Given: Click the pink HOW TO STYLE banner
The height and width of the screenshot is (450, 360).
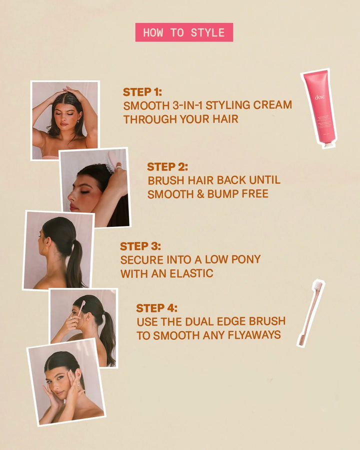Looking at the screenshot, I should (184, 32).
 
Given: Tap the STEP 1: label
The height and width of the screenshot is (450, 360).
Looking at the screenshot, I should (142, 92).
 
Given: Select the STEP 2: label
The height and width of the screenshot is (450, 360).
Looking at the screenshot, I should (167, 167).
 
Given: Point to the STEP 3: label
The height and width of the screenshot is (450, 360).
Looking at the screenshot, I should (140, 246).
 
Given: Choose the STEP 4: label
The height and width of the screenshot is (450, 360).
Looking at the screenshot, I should (156, 308).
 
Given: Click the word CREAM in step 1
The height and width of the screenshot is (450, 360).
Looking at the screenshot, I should (272, 105).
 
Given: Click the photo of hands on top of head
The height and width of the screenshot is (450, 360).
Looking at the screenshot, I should (65, 120).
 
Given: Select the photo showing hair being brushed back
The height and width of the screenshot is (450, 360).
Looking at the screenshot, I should (95, 187).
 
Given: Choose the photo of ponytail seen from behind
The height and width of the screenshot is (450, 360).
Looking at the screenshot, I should (58, 250).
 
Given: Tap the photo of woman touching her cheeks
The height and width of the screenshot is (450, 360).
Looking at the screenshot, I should (66, 382).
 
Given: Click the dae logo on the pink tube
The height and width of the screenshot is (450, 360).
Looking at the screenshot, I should (319, 97).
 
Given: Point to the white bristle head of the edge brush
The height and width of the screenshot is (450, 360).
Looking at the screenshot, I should (317, 286).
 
